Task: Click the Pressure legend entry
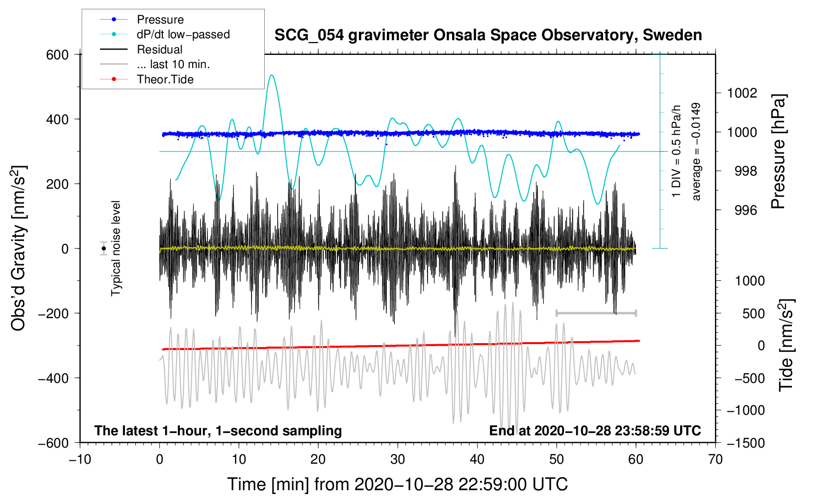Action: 160,20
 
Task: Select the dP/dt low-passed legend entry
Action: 183,34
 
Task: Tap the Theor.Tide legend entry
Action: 165,79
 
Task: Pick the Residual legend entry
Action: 159,50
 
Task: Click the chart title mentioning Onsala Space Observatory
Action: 488,35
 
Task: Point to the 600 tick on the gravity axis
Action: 57,55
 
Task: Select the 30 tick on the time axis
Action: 398,459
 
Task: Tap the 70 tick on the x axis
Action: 715,459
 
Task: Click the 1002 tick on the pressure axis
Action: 742,93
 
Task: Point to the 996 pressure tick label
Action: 745,210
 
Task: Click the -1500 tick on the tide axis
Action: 745,443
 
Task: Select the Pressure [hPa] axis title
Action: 779,152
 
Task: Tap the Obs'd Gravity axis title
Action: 19,249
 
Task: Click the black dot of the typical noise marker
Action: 103,249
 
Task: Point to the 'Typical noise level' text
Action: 116,249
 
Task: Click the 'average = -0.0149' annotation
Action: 696,152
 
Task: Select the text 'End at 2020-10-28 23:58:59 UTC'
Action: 595,431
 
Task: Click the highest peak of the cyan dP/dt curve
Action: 272,75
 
